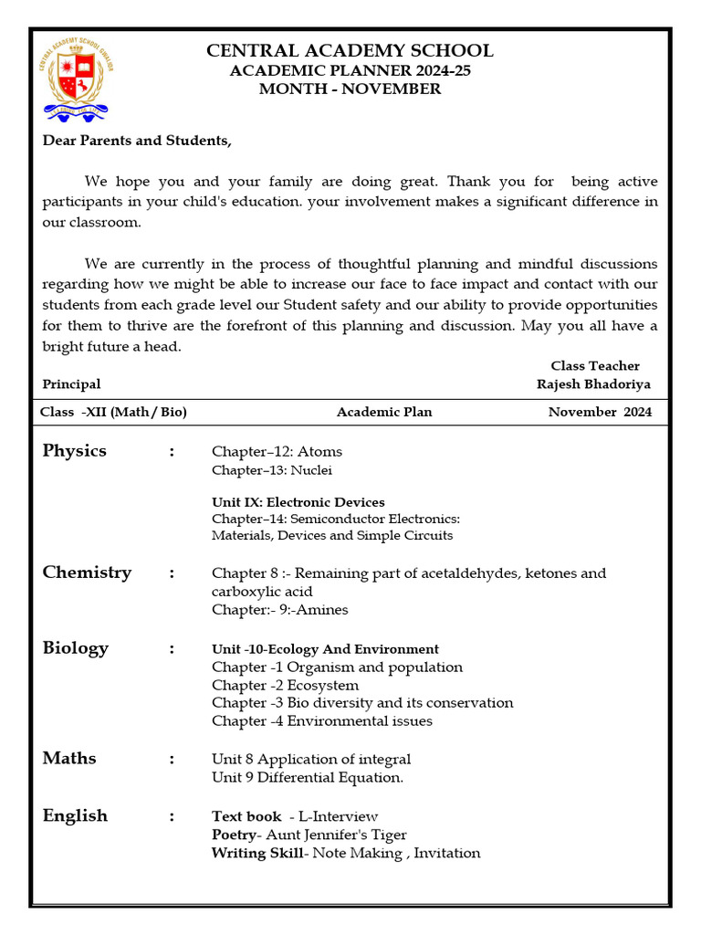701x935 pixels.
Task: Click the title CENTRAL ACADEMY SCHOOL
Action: click(350, 50)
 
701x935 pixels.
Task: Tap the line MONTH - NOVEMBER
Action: click(350, 89)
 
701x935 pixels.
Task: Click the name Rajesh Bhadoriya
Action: click(593, 384)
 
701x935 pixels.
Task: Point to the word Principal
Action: click(71, 384)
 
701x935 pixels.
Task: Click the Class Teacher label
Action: click(595, 365)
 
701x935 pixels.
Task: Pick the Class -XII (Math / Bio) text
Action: click(113, 412)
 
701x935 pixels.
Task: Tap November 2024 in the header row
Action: click(600, 412)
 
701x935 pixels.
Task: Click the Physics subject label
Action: click(74, 450)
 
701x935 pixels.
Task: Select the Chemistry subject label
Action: click(87, 572)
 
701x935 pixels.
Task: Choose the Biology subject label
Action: click(75, 647)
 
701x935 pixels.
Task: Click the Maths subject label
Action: click(68, 758)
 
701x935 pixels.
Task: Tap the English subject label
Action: click(75, 815)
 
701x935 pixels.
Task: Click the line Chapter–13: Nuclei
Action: click(272, 470)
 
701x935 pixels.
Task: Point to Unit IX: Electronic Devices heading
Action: click(298, 502)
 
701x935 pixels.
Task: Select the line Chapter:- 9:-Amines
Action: click(279, 609)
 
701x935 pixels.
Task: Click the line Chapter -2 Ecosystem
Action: click(285, 685)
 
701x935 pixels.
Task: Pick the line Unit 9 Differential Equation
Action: click(307, 777)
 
